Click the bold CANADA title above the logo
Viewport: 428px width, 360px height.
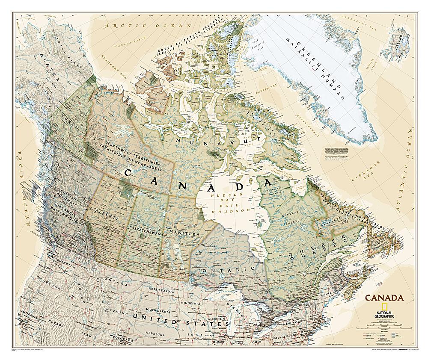pyautogui.click(x=383, y=298)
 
